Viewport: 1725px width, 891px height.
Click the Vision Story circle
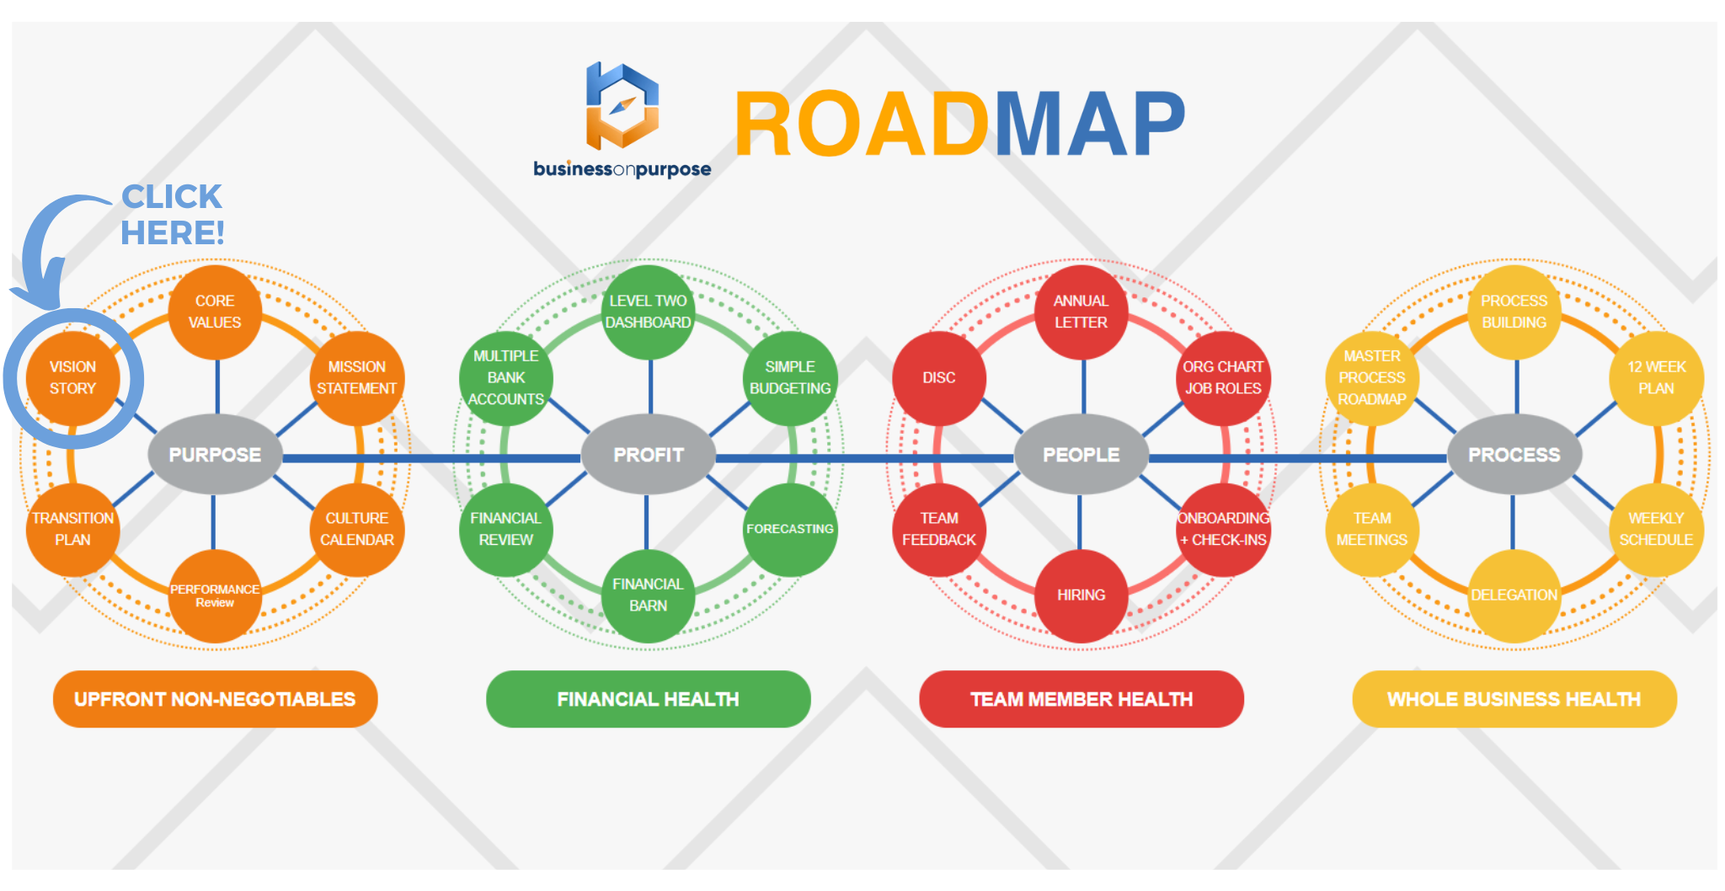[72, 378]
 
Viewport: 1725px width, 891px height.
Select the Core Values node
[215, 312]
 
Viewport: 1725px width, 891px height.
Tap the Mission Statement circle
[356, 378]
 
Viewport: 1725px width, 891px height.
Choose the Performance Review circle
[215, 595]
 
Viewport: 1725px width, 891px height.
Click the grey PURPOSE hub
[215, 455]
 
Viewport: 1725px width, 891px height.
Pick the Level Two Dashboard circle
[648, 312]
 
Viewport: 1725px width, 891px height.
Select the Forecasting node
[790, 529]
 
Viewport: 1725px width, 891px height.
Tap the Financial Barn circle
[648, 595]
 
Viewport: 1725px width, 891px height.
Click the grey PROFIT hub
[649, 455]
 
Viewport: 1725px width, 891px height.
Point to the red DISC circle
[938, 378]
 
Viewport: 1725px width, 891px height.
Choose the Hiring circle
[1081, 595]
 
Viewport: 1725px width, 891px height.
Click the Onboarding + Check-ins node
[1223, 529]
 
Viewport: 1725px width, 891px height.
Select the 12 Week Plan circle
[1656, 378]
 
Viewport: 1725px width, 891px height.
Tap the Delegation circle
[1514, 595]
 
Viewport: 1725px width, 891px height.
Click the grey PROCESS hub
[1514, 455]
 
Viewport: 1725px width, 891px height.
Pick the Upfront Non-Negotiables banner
[215, 699]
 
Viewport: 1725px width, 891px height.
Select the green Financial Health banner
[648, 699]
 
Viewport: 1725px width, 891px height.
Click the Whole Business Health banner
[1514, 699]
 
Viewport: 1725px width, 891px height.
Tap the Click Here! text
[173, 215]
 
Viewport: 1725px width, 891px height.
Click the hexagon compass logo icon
[622, 107]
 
